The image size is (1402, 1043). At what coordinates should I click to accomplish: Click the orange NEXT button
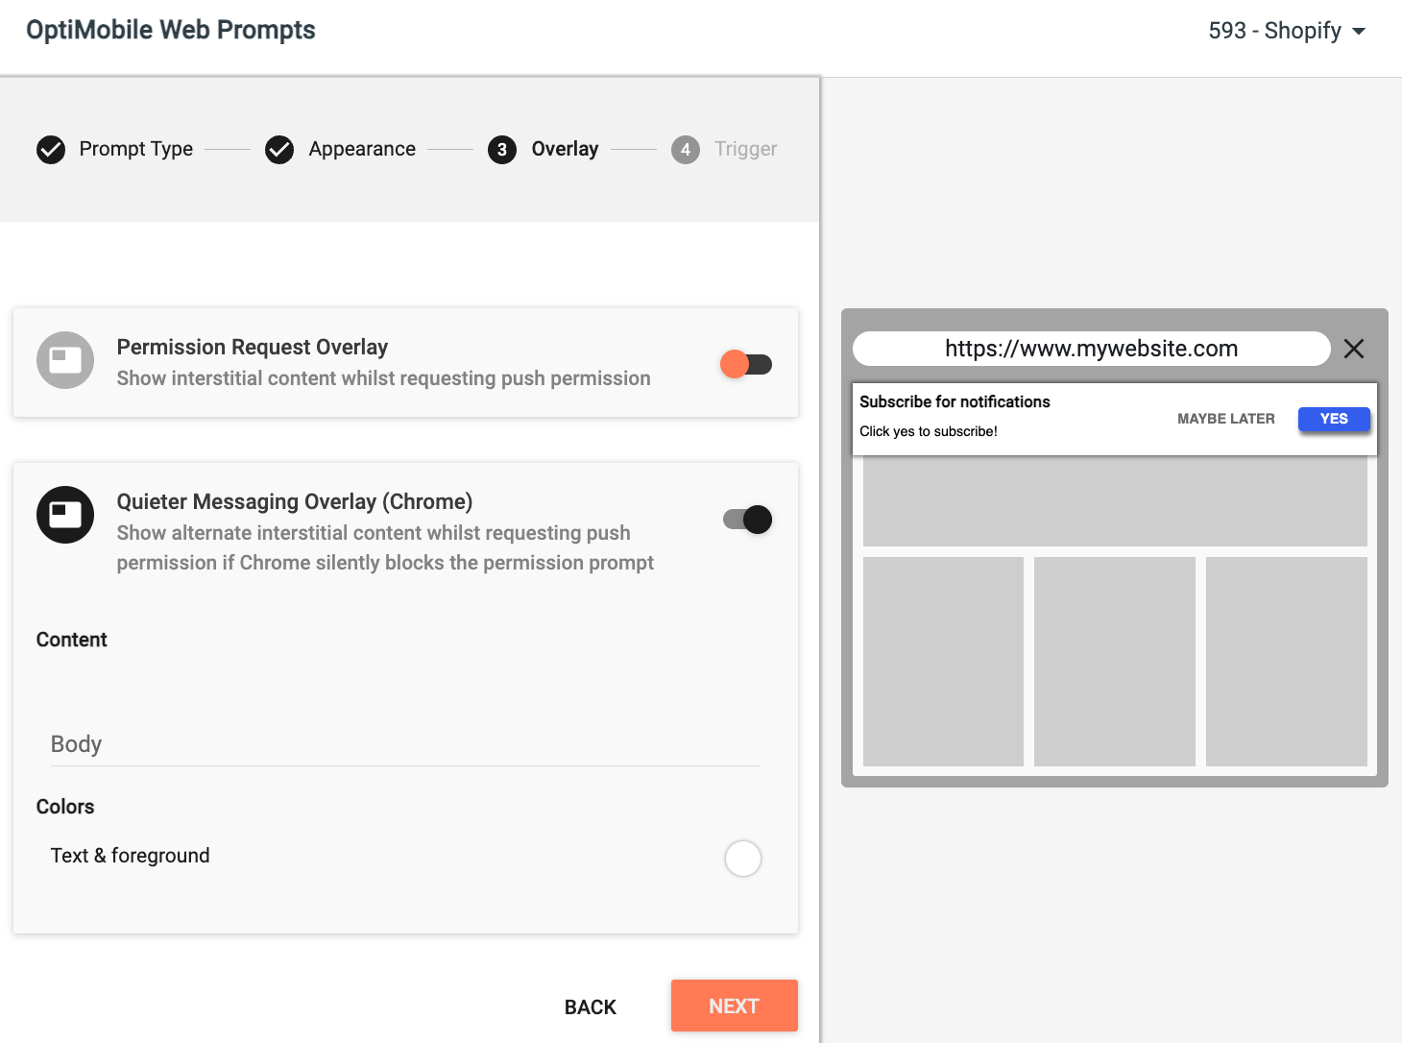click(x=734, y=1006)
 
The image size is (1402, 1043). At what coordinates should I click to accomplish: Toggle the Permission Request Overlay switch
click(x=746, y=364)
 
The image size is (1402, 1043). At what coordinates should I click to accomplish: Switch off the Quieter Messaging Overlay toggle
click(x=747, y=520)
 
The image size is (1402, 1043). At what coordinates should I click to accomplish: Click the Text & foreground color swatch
click(x=742, y=858)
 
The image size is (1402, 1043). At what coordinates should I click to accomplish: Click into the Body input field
click(x=405, y=744)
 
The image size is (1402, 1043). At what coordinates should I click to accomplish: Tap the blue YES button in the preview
click(x=1334, y=419)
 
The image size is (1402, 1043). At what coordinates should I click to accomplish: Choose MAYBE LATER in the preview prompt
click(x=1225, y=419)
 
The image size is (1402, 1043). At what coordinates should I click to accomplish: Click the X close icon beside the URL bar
click(x=1353, y=349)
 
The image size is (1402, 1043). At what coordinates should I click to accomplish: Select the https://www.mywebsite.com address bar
click(x=1092, y=349)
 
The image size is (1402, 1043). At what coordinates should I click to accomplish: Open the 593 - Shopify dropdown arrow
click(x=1359, y=31)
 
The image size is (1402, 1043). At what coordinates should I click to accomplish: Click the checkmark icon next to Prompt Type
click(x=51, y=149)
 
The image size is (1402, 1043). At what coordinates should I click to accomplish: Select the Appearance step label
click(x=362, y=149)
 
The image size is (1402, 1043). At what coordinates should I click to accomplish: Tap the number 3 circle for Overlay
click(x=502, y=149)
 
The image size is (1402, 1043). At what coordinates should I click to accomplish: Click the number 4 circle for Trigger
click(x=686, y=149)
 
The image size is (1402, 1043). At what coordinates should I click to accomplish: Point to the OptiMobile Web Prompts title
click(x=171, y=30)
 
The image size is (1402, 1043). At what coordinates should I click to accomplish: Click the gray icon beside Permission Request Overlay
click(x=65, y=360)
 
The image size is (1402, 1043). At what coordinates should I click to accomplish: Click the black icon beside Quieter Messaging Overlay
click(x=65, y=515)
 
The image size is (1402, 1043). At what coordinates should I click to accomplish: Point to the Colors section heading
click(x=65, y=807)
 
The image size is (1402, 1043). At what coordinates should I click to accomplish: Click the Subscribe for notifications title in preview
click(x=955, y=401)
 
